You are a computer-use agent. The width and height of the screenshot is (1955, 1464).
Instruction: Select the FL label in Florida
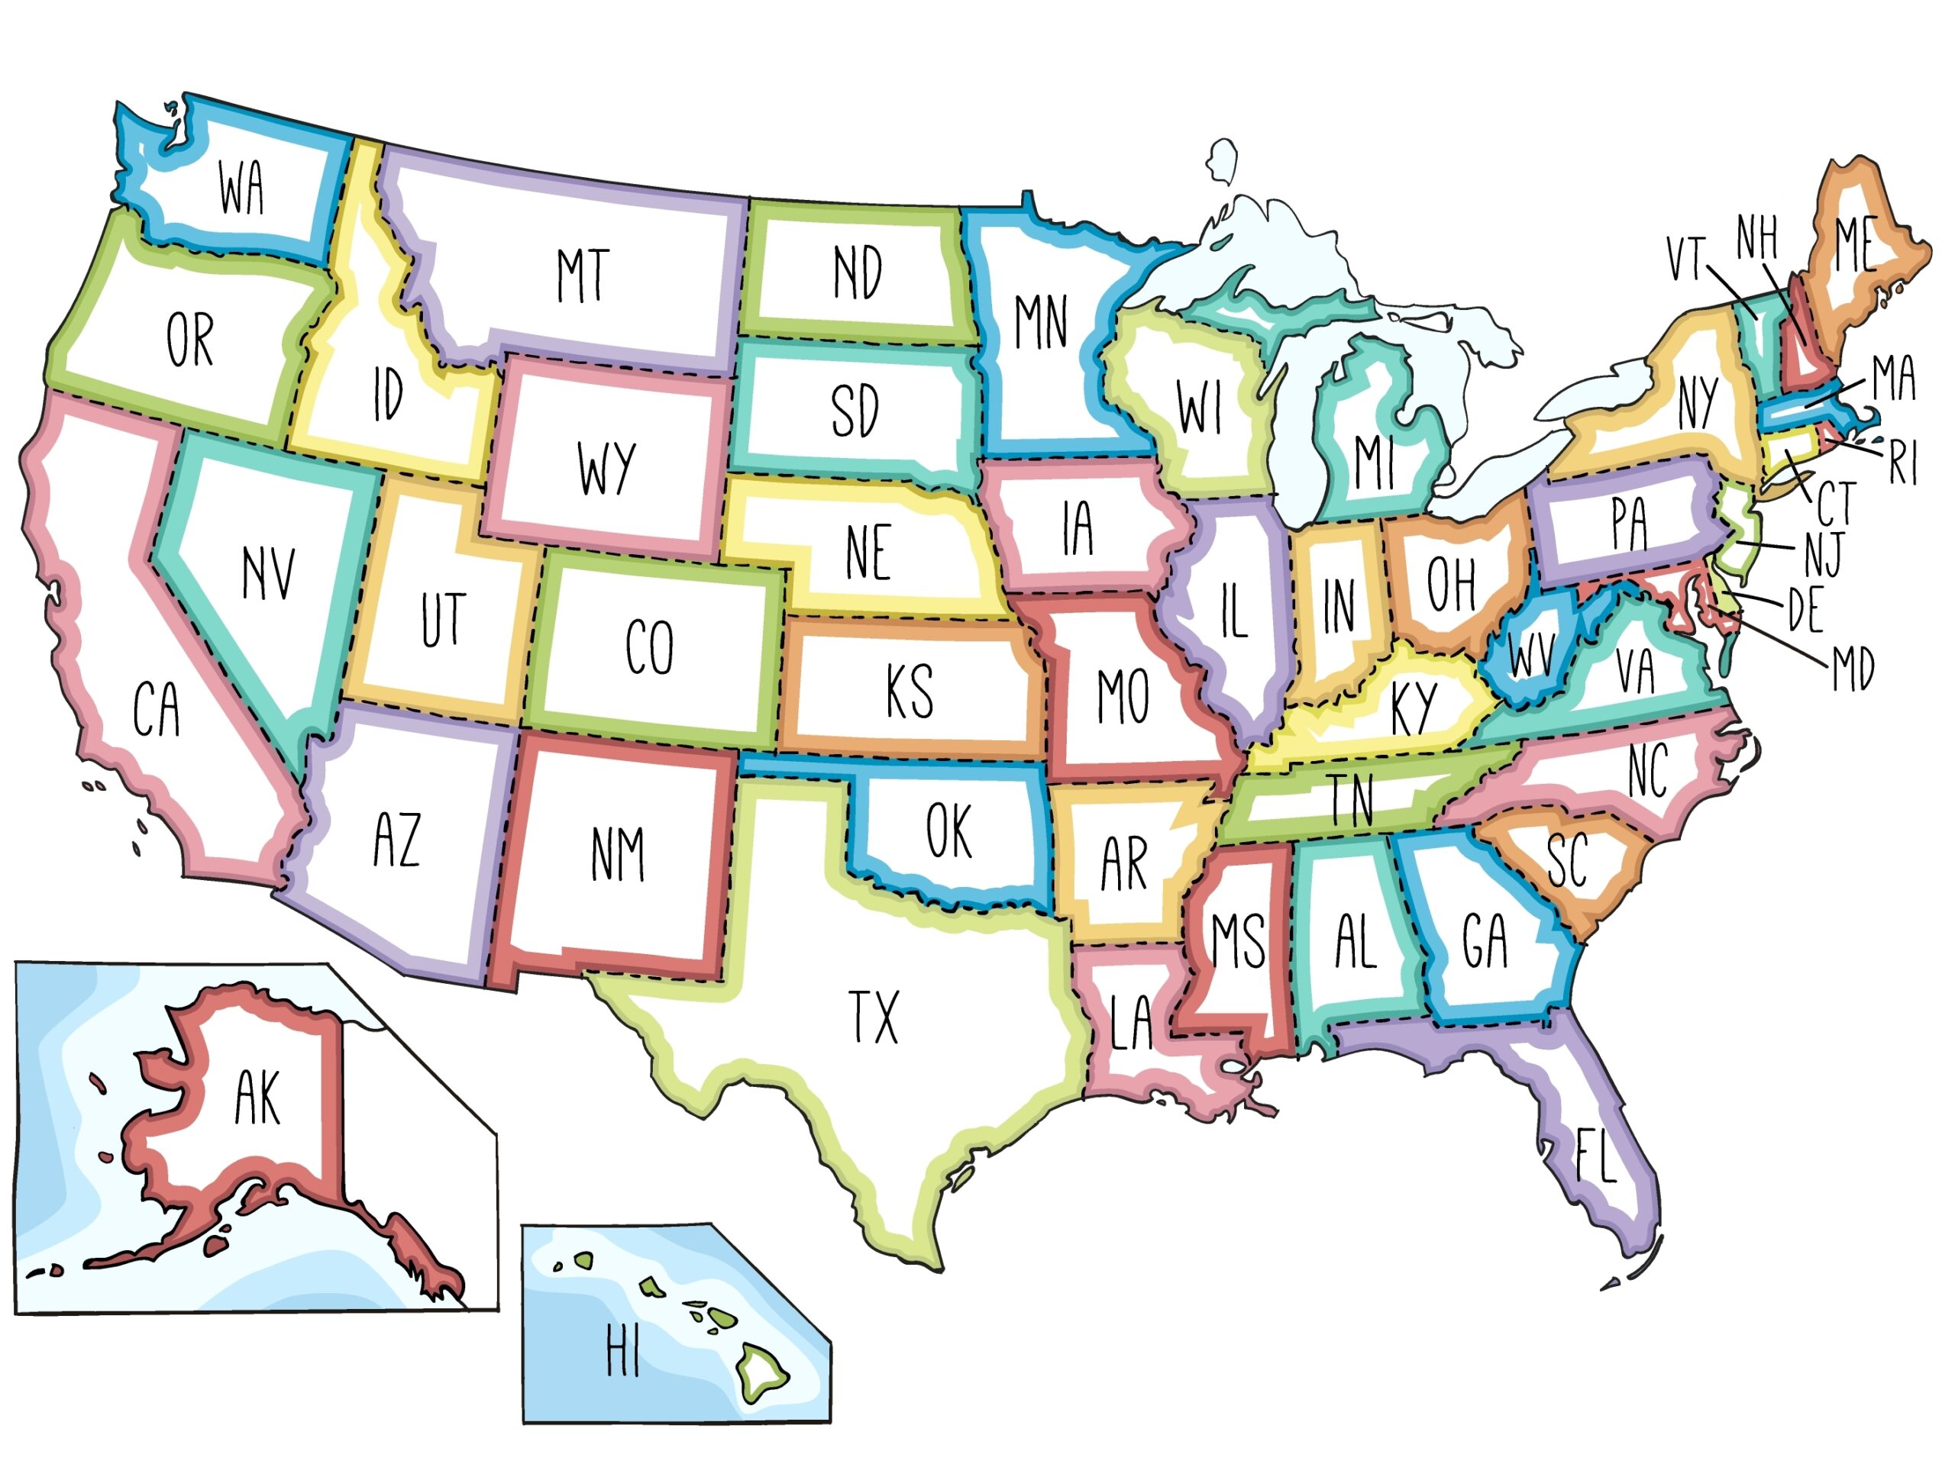point(1596,1154)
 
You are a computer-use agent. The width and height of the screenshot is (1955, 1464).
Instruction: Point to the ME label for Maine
point(1855,245)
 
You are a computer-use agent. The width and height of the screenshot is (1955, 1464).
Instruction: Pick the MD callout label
point(1853,669)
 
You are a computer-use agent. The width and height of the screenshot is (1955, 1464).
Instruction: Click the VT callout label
point(1685,258)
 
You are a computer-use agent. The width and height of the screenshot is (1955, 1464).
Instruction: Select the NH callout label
point(1757,237)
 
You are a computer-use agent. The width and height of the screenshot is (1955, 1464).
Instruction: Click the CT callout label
point(1837,504)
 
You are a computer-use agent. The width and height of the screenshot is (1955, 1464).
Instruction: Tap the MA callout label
point(1894,377)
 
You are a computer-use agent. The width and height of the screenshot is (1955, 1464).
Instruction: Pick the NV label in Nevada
point(269,572)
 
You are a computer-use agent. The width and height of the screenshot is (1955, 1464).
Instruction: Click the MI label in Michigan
point(1375,461)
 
